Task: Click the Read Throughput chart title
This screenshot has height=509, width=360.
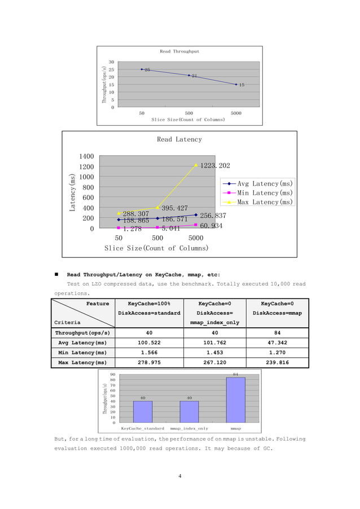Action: [179, 51]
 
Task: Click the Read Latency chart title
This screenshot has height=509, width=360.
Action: [179, 139]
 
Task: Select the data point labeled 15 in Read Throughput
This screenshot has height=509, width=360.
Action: [236, 84]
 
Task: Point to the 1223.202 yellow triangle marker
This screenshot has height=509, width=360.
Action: [196, 165]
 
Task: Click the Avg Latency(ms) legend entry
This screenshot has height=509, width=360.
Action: [258, 183]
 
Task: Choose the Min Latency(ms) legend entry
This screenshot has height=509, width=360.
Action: [258, 192]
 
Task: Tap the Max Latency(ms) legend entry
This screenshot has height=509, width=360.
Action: [258, 201]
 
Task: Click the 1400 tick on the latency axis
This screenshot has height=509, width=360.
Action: [86, 156]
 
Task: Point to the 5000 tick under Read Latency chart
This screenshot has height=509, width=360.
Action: [195, 238]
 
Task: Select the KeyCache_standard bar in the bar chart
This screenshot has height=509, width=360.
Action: [143, 411]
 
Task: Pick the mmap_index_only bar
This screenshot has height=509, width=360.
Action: [189, 411]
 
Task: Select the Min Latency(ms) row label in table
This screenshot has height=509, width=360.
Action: [83, 353]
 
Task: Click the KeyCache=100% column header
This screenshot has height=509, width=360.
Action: [149, 303]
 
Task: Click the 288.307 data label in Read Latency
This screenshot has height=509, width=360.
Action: [136, 214]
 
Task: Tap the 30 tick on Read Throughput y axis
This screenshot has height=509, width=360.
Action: [111, 62]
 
